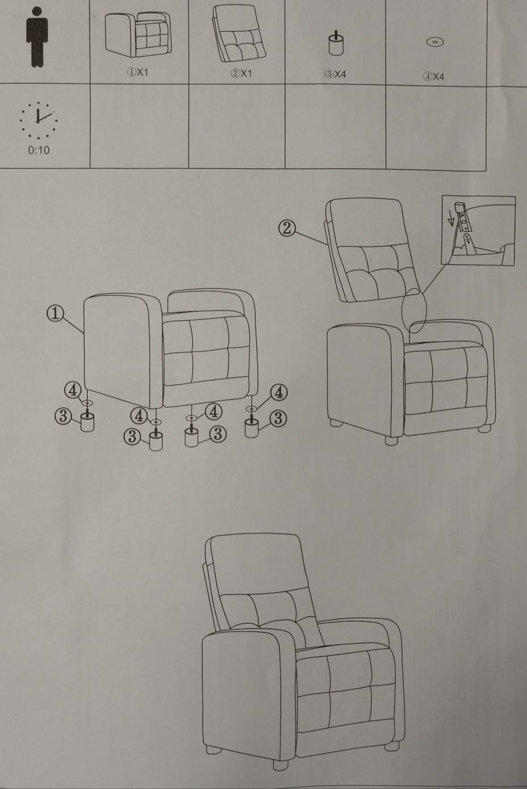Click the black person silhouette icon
pyautogui.click(x=37, y=37)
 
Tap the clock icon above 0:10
pyautogui.click(x=39, y=120)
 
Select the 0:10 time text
pyautogui.click(x=39, y=150)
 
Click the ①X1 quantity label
pyautogui.click(x=137, y=72)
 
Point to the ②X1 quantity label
pyautogui.click(x=241, y=73)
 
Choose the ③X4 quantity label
pyautogui.click(x=335, y=74)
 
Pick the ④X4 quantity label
pyautogui.click(x=434, y=77)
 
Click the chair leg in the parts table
pyautogui.click(x=336, y=44)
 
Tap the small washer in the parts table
pyautogui.click(x=436, y=42)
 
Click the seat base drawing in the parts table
pyautogui.click(x=138, y=35)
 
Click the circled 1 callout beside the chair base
pyautogui.click(x=55, y=313)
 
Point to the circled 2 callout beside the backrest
pyautogui.click(x=287, y=228)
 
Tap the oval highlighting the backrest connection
pyautogui.click(x=414, y=310)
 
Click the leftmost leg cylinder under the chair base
pyautogui.click(x=87, y=422)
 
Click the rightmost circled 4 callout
pyautogui.click(x=279, y=392)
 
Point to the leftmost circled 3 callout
pyautogui.click(x=63, y=416)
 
